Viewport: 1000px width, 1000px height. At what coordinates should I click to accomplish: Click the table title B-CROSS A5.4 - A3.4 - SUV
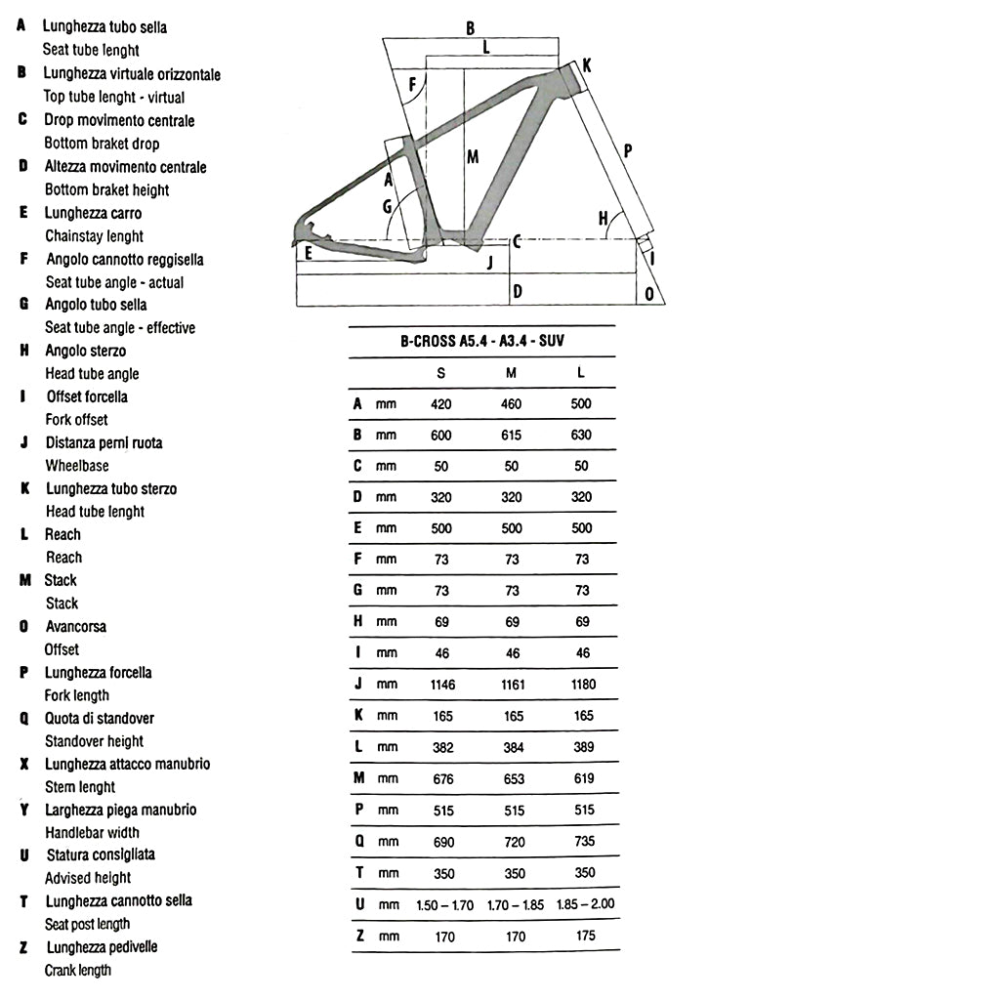click(482, 341)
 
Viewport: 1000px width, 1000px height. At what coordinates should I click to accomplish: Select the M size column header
click(512, 372)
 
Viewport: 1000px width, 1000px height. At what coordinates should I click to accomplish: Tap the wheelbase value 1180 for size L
click(583, 685)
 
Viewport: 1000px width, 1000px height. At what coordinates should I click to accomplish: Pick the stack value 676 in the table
click(442, 778)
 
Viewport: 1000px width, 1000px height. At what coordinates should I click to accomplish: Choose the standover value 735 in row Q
click(583, 841)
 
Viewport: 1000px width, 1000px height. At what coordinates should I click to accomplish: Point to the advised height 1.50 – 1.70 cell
click(444, 904)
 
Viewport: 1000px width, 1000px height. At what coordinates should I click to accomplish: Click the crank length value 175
click(583, 936)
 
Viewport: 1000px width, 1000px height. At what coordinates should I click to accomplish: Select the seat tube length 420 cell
click(441, 403)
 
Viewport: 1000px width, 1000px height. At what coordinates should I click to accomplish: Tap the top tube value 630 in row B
click(582, 435)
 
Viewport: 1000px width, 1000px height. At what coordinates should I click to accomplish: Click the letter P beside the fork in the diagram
click(627, 150)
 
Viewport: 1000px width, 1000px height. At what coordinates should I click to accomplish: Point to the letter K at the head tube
click(587, 65)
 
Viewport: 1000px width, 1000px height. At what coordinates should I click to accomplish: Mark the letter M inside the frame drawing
click(473, 156)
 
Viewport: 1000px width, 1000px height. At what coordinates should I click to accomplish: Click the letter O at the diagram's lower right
click(649, 293)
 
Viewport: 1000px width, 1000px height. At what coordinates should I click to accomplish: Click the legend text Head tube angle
click(92, 373)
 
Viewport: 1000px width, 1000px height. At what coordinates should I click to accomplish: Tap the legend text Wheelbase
click(77, 466)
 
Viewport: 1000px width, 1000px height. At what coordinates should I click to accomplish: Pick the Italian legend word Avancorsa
click(76, 626)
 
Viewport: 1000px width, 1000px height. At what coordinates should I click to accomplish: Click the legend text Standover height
click(94, 741)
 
